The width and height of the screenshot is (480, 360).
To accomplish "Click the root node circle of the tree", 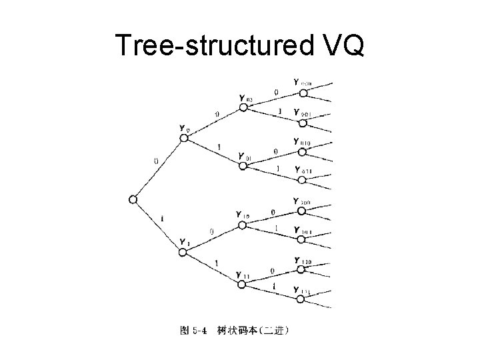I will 133,199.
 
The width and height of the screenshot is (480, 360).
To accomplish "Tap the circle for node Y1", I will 183,251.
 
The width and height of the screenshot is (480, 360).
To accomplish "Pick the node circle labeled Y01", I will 243,165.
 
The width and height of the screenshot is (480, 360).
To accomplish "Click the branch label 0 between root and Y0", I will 155,161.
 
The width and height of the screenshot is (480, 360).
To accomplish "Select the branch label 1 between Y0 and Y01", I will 219,147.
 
